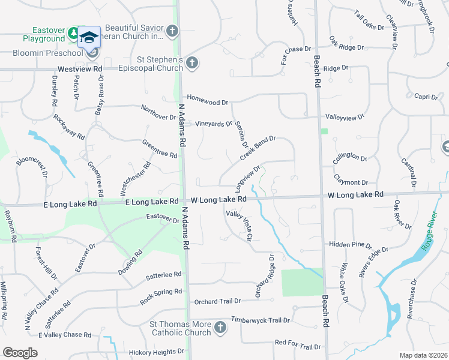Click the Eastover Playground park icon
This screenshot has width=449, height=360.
73,31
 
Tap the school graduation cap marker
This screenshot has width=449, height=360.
89,37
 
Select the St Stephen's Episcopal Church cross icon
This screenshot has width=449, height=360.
191,62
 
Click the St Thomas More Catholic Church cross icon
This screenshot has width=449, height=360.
220,328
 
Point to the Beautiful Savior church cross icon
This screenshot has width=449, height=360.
172,31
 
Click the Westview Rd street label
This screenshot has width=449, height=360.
81,69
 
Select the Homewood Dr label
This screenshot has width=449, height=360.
207,102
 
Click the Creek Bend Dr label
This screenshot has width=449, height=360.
258,148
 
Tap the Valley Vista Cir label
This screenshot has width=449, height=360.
238,225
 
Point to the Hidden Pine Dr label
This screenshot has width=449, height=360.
351,245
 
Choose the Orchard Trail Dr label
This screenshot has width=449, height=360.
216,301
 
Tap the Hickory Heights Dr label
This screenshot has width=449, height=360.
152,352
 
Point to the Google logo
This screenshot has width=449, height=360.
20,352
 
